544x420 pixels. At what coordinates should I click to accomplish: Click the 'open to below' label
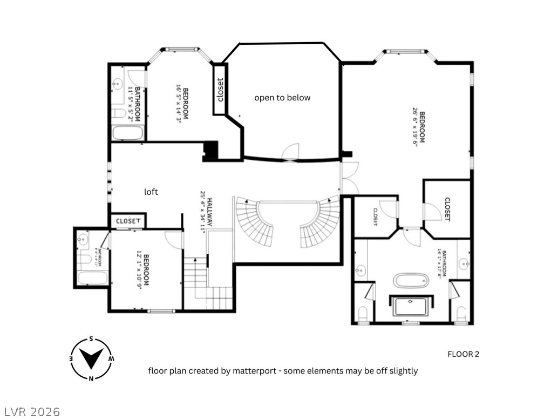point(282,98)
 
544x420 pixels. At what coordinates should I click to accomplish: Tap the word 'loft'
point(151,192)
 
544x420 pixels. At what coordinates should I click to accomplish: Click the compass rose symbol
point(91,358)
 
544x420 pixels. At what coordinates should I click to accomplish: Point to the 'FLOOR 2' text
point(463,354)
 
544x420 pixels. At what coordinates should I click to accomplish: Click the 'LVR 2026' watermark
point(31,412)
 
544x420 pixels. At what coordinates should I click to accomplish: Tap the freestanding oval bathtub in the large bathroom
point(410,281)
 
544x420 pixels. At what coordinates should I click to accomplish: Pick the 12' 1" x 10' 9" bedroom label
point(142,270)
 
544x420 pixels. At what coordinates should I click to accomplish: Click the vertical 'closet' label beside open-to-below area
point(220,90)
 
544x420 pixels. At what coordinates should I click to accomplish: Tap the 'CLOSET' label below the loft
point(128,221)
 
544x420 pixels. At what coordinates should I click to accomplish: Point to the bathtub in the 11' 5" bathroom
point(128,133)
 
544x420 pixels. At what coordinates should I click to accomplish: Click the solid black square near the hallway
point(210,151)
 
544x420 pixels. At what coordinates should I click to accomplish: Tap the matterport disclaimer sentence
point(282,371)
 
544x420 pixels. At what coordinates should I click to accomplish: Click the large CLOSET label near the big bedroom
point(447,209)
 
